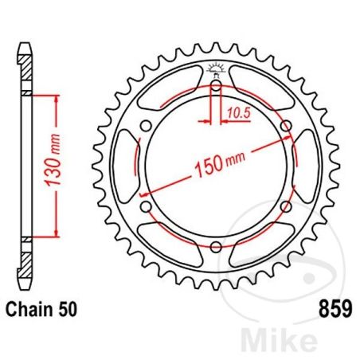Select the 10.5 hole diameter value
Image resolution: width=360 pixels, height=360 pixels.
click(x=233, y=113)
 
